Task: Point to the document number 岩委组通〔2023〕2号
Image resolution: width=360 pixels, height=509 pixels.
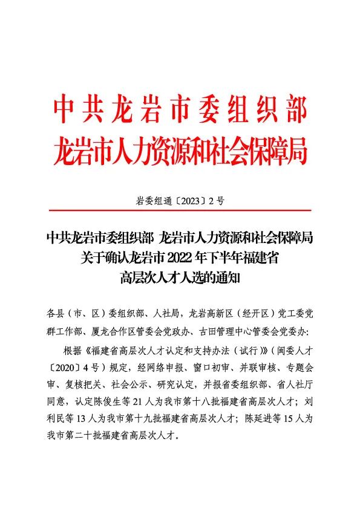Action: (180, 202)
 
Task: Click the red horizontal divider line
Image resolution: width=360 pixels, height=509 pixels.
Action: (180, 210)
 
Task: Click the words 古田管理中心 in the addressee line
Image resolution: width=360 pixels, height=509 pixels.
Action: (240, 331)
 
